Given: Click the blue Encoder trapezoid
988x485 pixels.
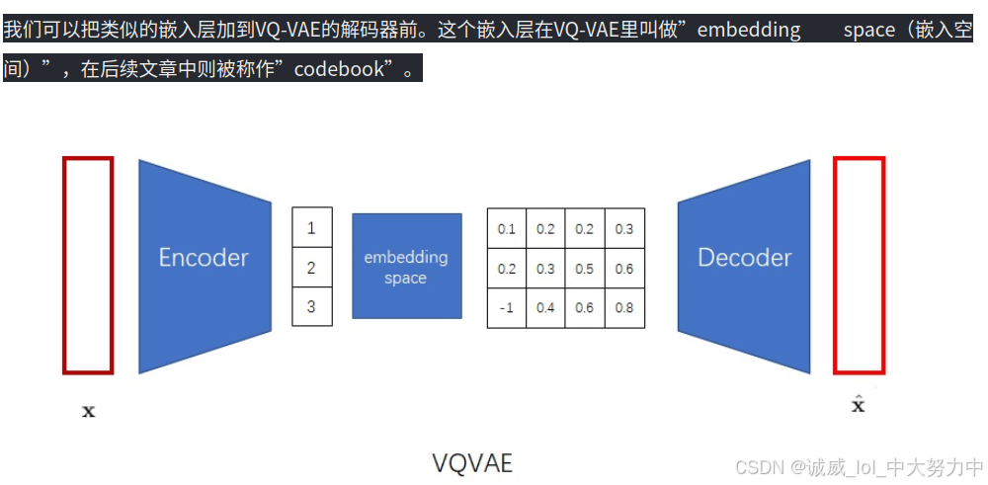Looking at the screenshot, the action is (x=205, y=258).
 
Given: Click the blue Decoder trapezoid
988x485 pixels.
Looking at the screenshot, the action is (x=744, y=258).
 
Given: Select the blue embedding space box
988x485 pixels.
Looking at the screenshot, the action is (x=406, y=266).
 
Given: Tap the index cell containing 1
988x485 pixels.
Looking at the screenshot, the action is (x=311, y=228).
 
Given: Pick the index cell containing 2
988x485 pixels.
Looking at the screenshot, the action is (x=311, y=268).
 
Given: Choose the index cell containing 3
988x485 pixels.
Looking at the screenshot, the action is (x=311, y=306).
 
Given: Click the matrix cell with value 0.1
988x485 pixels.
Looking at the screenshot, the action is (x=507, y=229).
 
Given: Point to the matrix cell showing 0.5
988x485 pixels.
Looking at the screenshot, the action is (x=585, y=269).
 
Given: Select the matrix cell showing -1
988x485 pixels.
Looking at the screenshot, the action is (x=507, y=307).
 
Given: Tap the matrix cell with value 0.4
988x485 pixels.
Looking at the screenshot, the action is (x=545, y=307).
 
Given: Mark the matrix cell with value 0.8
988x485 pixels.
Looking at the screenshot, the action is (x=624, y=307).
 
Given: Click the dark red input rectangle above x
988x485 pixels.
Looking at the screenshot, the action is (x=88, y=266).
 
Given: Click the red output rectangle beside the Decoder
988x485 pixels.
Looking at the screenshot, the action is (x=859, y=266).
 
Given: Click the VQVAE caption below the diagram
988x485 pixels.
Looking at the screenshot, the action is (x=472, y=462).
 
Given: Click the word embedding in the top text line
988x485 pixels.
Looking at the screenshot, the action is (x=749, y=30).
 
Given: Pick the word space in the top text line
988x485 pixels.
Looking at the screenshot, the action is (x=868, y=30).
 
